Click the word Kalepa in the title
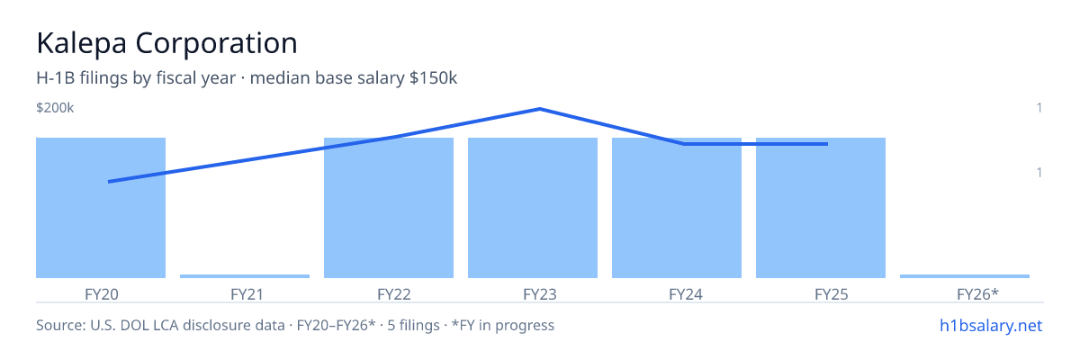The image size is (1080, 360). (x=82, y=44)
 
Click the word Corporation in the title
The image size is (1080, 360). (x=217, y=43)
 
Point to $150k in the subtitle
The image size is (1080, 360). (x=433, y=77)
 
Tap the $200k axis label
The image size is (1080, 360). (x=55, y=107)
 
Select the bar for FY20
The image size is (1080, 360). (x=101, y=208)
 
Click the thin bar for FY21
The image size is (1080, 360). (x=245, y=276)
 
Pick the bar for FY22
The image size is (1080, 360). (x=389, y=208)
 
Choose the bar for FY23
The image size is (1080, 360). (x=533, y=208)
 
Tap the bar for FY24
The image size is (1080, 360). (x=677, y=208)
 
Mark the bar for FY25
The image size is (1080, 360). (x=821, y=208)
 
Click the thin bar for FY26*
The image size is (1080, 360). (x=965, y=276)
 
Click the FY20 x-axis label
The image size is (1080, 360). (x=101, y=294)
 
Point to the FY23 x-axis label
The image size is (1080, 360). (x=539, y=294)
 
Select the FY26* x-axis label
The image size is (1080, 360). (x=977, y=294)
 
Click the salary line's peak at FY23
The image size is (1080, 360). (x=539, y=109)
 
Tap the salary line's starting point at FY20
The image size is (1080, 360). (x=109, y=182)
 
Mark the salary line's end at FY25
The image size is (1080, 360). (x=827, y=144)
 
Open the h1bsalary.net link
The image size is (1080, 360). (x=991, y=325)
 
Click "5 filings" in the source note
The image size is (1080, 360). (x=413, y=325)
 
